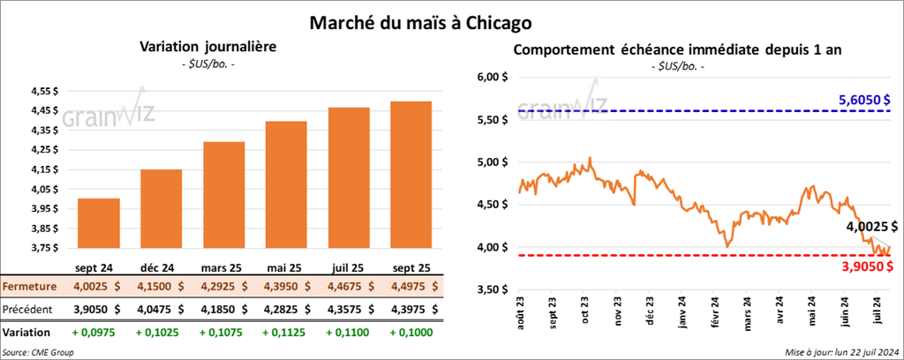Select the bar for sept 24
[x=99, y=224]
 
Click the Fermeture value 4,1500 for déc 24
[x=162, y=287]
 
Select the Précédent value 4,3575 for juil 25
[x=350, y=310]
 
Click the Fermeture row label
[x=30, y=287]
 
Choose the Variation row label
[x=26, y=334]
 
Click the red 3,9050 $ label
[x=870, y=266]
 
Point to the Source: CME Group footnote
[x=38, y=352]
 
